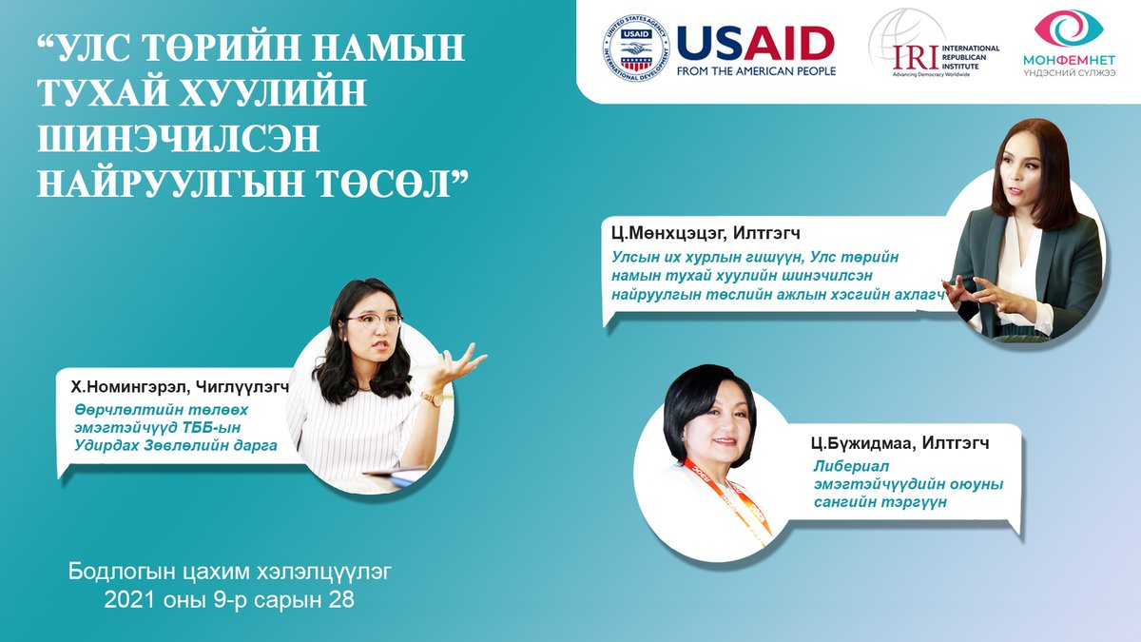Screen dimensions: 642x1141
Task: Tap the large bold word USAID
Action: click(756, 43)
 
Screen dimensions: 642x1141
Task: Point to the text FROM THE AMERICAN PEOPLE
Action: click(756, 70)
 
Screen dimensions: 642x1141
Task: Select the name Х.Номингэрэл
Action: click(130, 387)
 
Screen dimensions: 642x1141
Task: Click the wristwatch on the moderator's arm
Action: click(434, 399)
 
